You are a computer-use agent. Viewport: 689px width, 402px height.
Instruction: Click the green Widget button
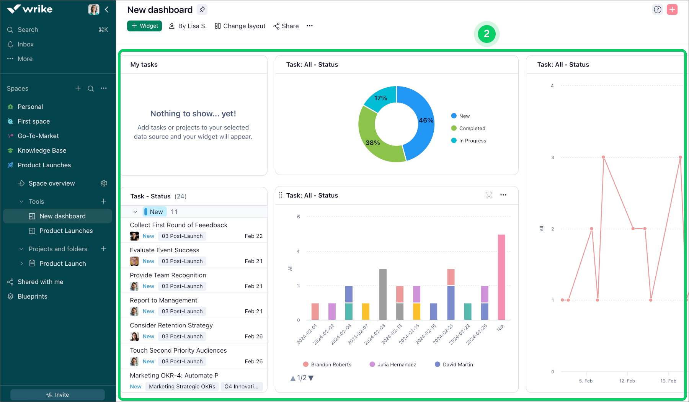point(144,26)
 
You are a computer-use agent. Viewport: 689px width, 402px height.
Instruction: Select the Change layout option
point(240,26)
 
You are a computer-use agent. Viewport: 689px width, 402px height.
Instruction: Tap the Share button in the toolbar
point(286,26)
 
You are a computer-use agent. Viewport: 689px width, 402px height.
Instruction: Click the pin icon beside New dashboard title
point(202,10)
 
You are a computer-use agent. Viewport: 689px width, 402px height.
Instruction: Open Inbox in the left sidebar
point(25,44)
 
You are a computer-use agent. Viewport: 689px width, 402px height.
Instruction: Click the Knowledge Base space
point(42,150)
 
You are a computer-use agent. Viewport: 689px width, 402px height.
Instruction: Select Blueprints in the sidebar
point(32,296)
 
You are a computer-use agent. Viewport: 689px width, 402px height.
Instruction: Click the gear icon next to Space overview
point(104,183)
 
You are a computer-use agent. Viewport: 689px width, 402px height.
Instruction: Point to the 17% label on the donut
point(380,98)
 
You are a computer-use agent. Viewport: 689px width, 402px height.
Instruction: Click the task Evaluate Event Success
point(165,250)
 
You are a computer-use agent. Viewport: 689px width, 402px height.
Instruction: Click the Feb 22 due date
point(253,236)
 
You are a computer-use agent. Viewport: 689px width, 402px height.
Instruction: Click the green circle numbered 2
point(487,34)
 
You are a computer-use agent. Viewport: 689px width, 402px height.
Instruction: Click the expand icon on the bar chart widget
point(489,195)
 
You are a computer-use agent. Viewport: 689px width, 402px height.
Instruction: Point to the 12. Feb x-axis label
point(627,381)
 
